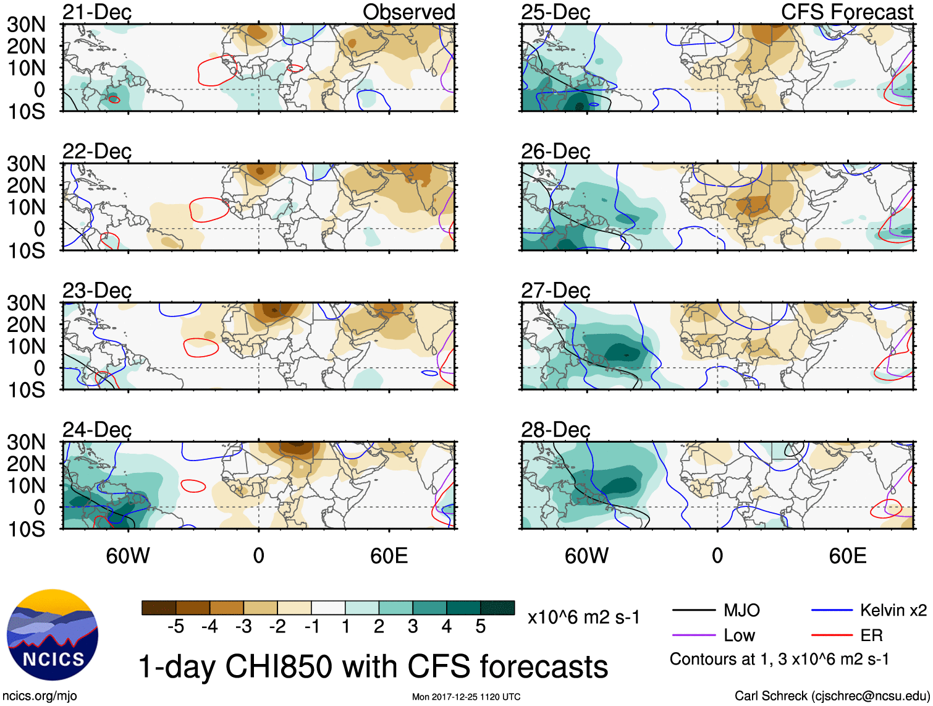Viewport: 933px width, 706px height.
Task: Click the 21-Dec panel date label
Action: click(x=97, y=12)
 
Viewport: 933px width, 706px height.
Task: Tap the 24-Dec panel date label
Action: click(x=97, y=430)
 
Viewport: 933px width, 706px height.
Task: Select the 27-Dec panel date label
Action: click(x=555, y=291)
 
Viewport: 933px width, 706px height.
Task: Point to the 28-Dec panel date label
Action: click(x=555, y=430)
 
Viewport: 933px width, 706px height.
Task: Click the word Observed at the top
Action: click(x=408, y=12)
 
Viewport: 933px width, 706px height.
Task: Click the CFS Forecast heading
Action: click(x=846, y=12)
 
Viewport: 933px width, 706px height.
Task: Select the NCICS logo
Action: click(x=53, y=634)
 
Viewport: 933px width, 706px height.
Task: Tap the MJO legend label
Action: click(x=741, y=611)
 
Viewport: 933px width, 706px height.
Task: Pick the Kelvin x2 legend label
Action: click(x=893, y=611)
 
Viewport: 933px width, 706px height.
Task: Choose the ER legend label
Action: click(x=871, y=636)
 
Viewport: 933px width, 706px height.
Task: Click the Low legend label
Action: click(x=740, y=636)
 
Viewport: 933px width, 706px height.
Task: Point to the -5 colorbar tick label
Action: click(x=175, y=627)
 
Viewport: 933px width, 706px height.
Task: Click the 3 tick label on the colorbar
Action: click(x=413, y=627)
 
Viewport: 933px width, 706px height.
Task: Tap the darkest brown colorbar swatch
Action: click(x=159, y=608)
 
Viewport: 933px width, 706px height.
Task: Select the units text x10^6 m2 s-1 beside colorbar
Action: click(x=583, y=618)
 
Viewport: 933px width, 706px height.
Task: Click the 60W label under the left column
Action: click(x=128, y=556)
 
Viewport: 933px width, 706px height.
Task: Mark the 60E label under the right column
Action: click(x=847, y=556)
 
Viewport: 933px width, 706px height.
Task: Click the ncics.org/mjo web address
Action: click(x=40, y=696)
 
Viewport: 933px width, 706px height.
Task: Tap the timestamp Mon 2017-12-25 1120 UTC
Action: click(x=466, y=697)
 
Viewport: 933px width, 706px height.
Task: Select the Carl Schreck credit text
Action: click(x=832, y=696)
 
